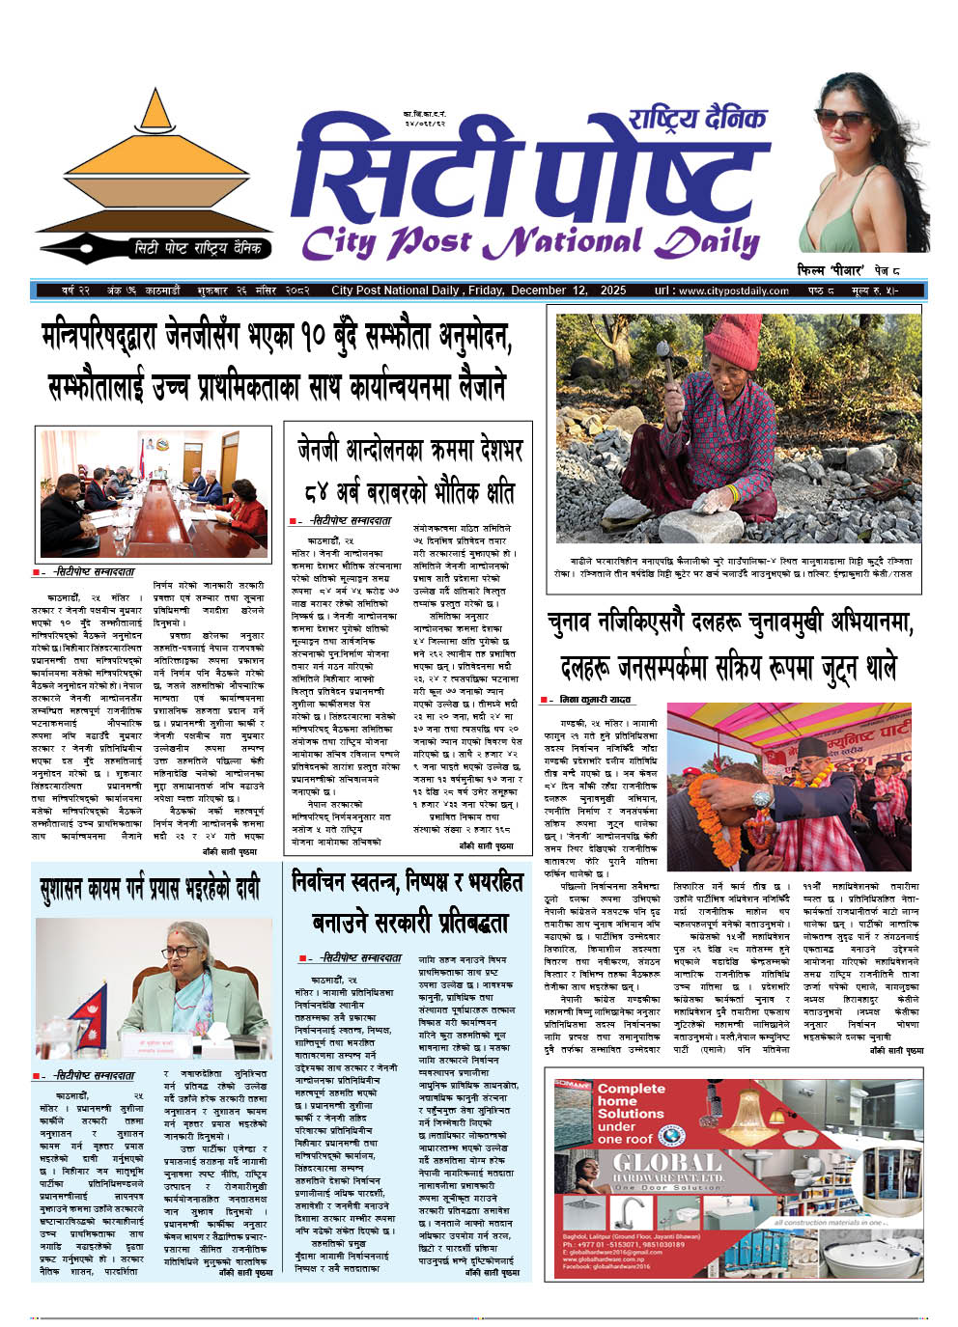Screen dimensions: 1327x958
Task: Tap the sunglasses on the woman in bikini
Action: pos(843,118)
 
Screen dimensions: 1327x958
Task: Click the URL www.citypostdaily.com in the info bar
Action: pos(733,290)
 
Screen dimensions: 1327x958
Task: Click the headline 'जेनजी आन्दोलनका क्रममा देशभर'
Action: pos(409,451)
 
